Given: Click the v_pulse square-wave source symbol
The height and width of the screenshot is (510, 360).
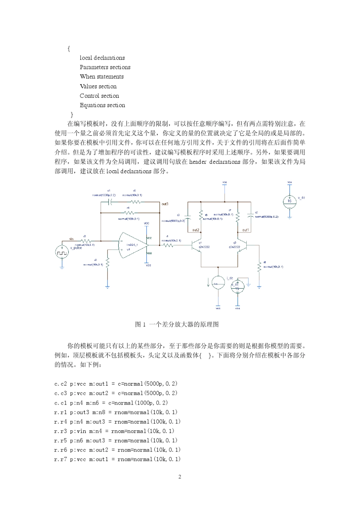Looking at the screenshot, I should tap(62, 252).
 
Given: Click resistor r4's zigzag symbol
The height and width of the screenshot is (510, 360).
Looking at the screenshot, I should tap(129, 212).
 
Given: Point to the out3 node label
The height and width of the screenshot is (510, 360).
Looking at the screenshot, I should tap(165, 204).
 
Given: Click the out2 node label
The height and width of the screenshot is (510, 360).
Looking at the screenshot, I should tap(196, 230).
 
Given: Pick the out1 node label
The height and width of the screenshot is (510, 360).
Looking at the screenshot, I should tap(246, 230).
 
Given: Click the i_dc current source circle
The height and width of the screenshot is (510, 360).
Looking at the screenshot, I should tap(218, 283).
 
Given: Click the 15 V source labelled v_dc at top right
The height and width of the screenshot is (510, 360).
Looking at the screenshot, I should tap(290, 201).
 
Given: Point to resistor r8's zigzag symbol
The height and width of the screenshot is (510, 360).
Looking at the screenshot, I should tap(259, 267).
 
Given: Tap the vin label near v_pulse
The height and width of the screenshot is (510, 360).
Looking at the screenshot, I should tap(71, 239).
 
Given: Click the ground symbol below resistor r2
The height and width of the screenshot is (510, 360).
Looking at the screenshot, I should tap(108, 287).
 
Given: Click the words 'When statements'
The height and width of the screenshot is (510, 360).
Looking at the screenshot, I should tap(102, 77).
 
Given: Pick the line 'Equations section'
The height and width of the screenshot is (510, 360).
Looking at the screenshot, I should tap(102, 105).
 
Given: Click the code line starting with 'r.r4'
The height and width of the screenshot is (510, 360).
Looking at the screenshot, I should tap(117, 421).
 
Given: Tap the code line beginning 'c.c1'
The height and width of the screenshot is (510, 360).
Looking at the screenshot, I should tap(111, 403).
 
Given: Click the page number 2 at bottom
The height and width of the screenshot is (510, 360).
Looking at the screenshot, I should tap(180, 477).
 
